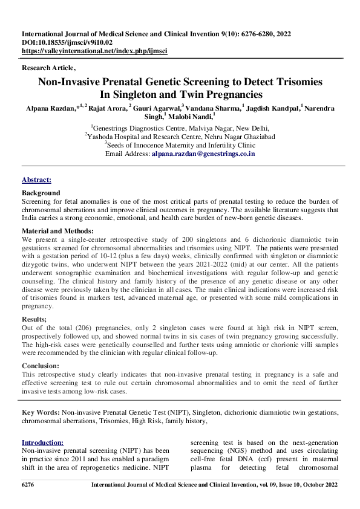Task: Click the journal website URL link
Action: pyautogui.click(x=94, y=51)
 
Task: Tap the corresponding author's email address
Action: pyautogui.click(x=203, y=154)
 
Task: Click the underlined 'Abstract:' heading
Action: pyautogui.click(x=36, y=180)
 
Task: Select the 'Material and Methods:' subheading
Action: pyautogui.click(x=57, y=231)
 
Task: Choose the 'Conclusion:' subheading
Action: pyautogui.click(x=41, y=365)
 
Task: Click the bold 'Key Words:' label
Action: pyautogui.click(x=40, y=412)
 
